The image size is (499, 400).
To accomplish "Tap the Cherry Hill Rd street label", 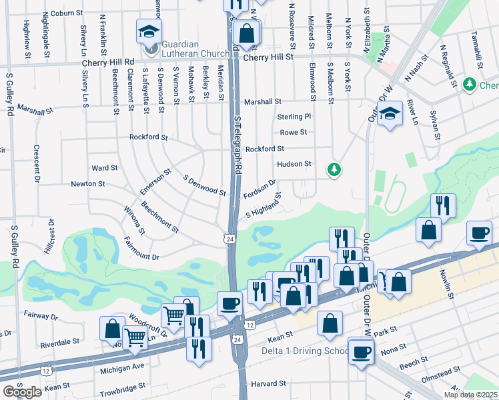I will click(108, 61).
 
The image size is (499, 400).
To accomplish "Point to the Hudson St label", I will click(294, 163).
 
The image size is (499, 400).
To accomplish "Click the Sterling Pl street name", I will click(294, 117).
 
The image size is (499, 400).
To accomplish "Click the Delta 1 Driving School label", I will click(304, 351).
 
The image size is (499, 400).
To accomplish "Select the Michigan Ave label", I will click(121, 367).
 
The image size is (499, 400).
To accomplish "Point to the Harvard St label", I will click(268, 384).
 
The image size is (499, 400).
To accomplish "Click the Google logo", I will click(22, 392).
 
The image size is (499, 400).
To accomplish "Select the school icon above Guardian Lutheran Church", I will click(149, 31).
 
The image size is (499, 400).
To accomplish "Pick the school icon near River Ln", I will click(390, 113).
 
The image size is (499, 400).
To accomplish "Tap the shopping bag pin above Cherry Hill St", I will click(247, 32).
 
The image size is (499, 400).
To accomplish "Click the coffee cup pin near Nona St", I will click(362, 352).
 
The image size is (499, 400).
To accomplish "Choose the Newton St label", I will click(88, 183).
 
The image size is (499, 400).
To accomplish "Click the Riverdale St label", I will click(59, 341).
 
